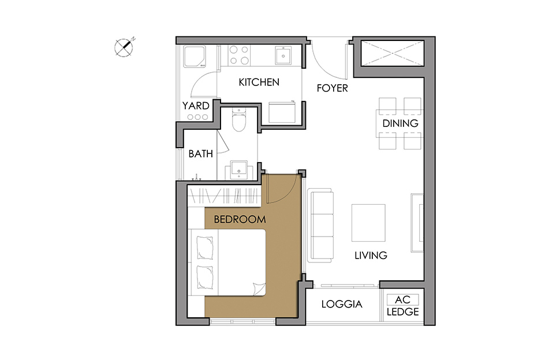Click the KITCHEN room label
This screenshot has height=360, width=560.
coord(259,82)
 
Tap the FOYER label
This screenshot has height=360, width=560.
coord(332,88)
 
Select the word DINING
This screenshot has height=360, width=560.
coord(400,123)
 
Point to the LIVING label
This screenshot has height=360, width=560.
coord(371,255)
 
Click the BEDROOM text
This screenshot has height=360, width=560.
coord(240,219)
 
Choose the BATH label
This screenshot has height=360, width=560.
coord(201,154)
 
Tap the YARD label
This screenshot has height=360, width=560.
coord(196,106)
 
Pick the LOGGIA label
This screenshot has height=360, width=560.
coord(342,304)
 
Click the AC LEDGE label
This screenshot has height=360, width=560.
coord(402,306)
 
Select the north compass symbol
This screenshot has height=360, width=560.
coord(124,47)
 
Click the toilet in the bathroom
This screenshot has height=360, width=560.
coord(238,119)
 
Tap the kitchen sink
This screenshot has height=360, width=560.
coord(283,55)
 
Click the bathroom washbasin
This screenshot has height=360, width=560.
coord(239,170)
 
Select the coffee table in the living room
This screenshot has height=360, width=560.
coord(368,223)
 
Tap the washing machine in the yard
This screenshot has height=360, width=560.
coord(195,57)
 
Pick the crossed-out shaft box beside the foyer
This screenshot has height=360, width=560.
coord(393,53)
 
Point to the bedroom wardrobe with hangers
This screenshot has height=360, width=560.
coord(224,196)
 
